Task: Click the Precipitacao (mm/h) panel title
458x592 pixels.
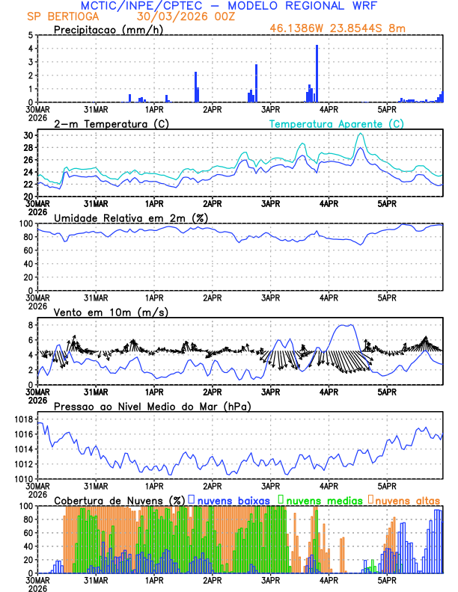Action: pyautogui.click(x=106, y=29)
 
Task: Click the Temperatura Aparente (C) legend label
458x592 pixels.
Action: pyautogui.click(x=337, y=123)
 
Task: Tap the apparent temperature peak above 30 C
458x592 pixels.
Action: pyautogui.click(x=361, y=135)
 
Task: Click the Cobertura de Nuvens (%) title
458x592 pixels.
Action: pyautogui.click(x=120, y=499)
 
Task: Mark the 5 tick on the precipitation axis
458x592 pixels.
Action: pyautogui.click(x=31, y=35)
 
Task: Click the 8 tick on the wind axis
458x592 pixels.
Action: pyautogui.click(x=31, y=325)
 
